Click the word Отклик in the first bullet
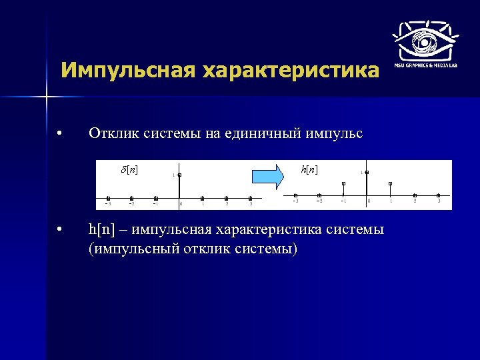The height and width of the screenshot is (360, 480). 112,134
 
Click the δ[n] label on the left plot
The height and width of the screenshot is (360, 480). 129,169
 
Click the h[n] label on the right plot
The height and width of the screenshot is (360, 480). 309,170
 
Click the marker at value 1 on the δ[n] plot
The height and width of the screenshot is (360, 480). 179,175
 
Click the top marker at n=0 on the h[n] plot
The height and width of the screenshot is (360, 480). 367,172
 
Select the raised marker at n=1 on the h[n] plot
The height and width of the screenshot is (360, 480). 391,183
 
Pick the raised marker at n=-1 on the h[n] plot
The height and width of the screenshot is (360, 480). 343,183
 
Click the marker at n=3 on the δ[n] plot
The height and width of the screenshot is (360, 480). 250,198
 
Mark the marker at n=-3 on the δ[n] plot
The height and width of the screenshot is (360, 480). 108,198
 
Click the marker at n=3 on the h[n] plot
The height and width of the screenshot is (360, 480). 438,195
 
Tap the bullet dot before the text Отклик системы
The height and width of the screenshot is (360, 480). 60,134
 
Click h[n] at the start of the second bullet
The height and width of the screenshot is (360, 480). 101,230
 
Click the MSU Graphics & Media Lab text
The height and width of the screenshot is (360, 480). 425,65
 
